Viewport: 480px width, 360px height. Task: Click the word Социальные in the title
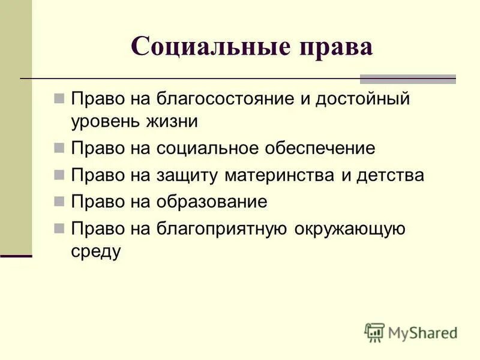click(205, 47)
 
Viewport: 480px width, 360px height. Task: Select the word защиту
click(191, 175)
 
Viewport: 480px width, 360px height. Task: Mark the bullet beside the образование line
click(59, 202)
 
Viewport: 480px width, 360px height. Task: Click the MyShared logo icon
click(374, 332)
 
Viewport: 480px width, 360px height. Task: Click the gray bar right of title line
click(407, 79)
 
